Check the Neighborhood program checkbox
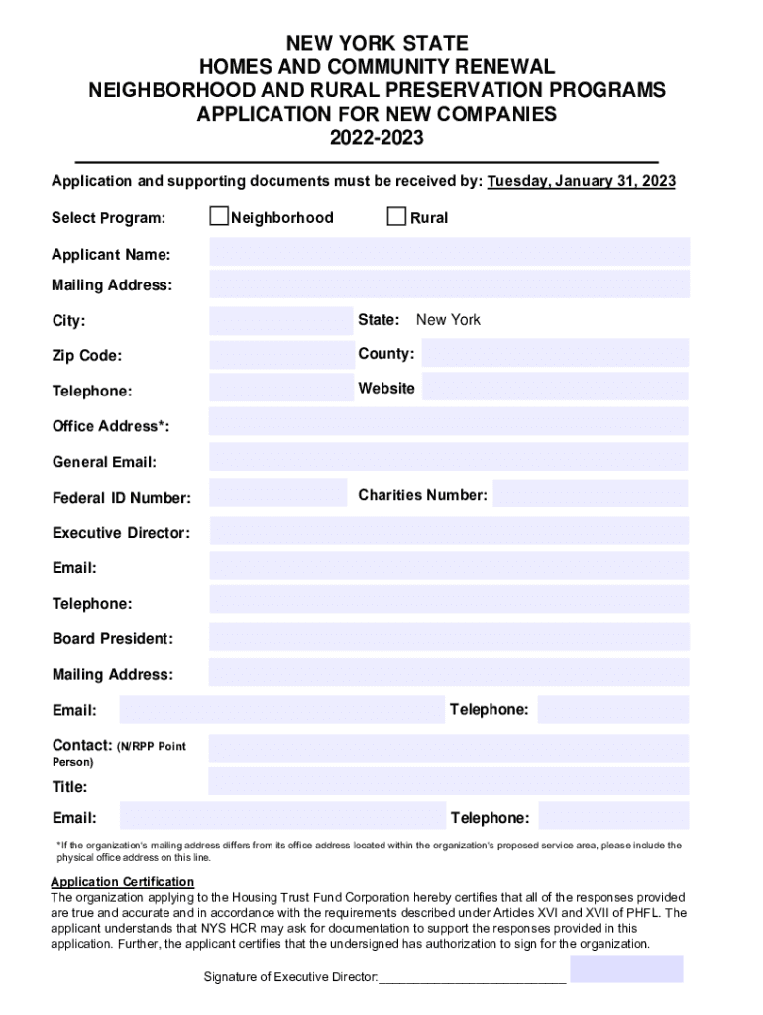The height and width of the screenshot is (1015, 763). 219,217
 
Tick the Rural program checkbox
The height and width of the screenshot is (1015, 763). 396,217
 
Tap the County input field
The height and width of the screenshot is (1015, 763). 555,354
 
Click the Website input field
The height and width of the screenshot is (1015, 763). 555,388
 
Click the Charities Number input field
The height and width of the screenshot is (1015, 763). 591,495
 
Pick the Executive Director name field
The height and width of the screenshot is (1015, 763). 449,531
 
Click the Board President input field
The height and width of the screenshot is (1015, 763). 449,638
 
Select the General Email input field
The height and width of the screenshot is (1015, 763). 449,458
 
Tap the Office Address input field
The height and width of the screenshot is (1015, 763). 449,423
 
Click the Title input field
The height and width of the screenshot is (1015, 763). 449,782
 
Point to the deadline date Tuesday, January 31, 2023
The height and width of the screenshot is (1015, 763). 582,182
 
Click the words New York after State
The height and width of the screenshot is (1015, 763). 448,320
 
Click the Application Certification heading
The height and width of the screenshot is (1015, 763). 123,882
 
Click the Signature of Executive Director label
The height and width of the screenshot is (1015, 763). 290,978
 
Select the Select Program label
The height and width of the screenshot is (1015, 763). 109,218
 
